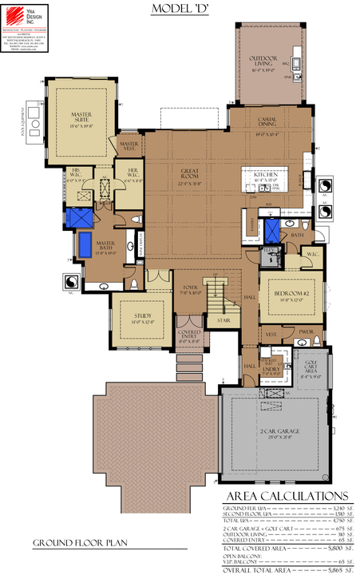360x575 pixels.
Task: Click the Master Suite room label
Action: [x=80, y=121]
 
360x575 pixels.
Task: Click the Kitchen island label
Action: [x=267, y=176]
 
